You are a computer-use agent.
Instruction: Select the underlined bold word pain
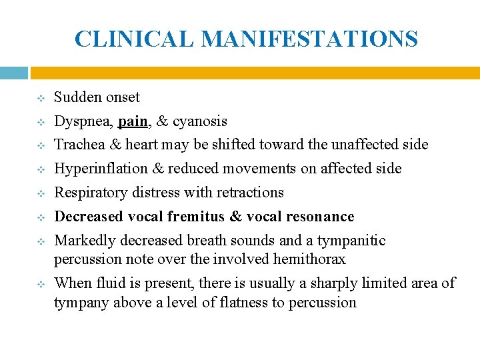coord(132,121)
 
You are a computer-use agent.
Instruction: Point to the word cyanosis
coord(200,121)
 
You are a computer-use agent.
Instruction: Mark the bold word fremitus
coord(195,217)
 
